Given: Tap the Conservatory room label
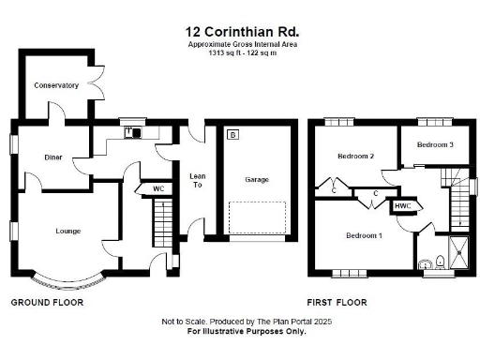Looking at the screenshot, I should [x=55, y=85].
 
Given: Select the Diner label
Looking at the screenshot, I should [x=53, y=157].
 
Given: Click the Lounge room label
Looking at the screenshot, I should [x=67, y=231].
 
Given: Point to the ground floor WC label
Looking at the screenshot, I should [x=158, y=189].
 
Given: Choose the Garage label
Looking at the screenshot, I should [x=257, y=178].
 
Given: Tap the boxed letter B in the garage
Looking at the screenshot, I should [x=232, y=136].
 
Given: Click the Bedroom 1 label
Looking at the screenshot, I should [x=363, y=234].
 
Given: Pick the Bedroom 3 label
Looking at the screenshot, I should [x=435, y=144].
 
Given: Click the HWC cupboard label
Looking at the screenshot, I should [x=402, y=205].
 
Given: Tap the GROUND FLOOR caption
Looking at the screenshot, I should [x=47, y=303].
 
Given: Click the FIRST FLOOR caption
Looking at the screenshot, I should [x=337, y=303].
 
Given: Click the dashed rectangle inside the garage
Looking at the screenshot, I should [x=257, y=217].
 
